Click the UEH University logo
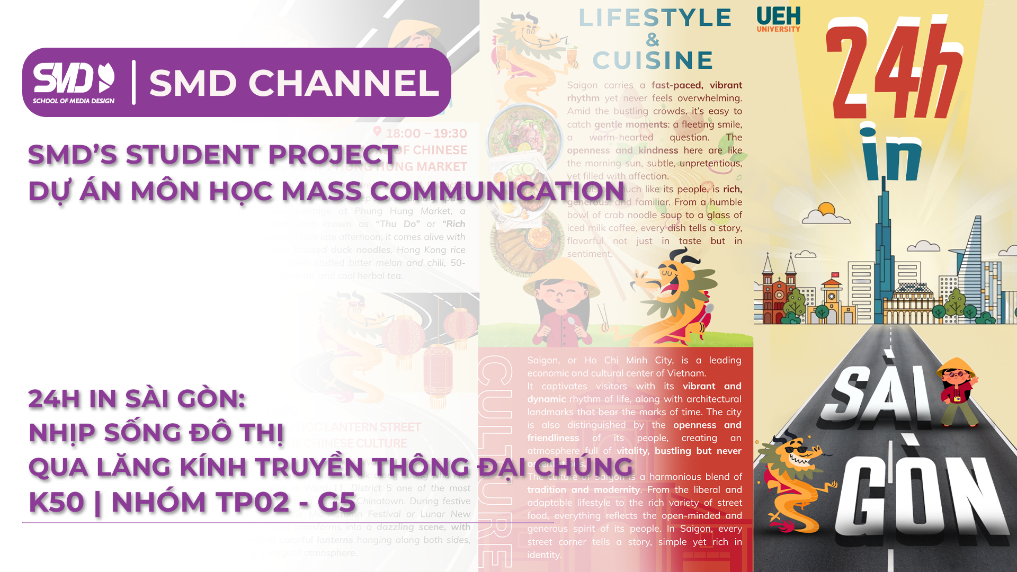pyautogui.click(x=778, y=20)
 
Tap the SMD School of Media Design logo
pyautogui.click(x=74, y=83)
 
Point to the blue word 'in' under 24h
pyautogui.click(x=890, y=154)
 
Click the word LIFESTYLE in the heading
pyautogui.click(x=655, y=18)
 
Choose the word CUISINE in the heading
pyautogui.click(x=653, y=60)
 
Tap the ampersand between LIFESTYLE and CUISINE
pyautogui.click(x=653, y=39)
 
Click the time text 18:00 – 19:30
pyautogui.click(x=426, y=133)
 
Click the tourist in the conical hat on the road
pyautogui.click(x=958, y=392)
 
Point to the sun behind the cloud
pyautogui.click(x=826, y=210)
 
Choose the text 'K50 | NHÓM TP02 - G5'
pyautogui.click(x=192, y=502)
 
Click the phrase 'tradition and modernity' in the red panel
pyautogui.click(x=583, y=490)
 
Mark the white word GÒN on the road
pyautogui.click(x=922, y=493)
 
